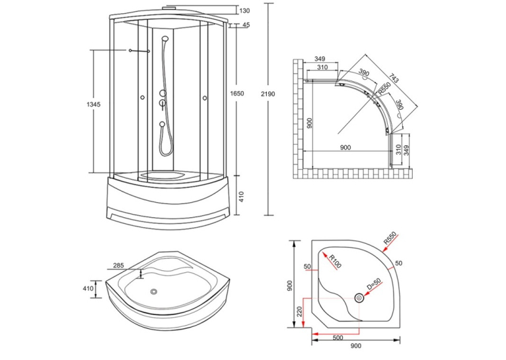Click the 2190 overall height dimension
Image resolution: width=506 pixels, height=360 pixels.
pyautogui.click(x=268, y=94)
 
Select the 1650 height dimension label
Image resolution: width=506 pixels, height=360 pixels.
pyautogui.click(x=237, y=94)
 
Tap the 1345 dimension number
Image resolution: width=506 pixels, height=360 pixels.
pyautogui.click(x=94, y=104)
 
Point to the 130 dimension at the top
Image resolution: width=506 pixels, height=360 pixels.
pyautogui.click(x=245, y=11)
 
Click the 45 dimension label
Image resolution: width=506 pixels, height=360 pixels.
pyautogui.click(x=246, y=25)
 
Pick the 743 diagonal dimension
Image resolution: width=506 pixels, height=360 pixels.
pyautogui.click(x=394, y=78)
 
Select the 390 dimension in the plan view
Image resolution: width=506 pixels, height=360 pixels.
pyautogui.click(x=364, y=73)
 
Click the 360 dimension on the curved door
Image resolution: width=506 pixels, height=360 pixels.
pyautogui.click(x=400, y=104)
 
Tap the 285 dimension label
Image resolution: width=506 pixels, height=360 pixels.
pyautogui.click(x=118, y=266)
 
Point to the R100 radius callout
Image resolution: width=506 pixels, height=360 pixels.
pyautogui.click(x=335, y=262)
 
